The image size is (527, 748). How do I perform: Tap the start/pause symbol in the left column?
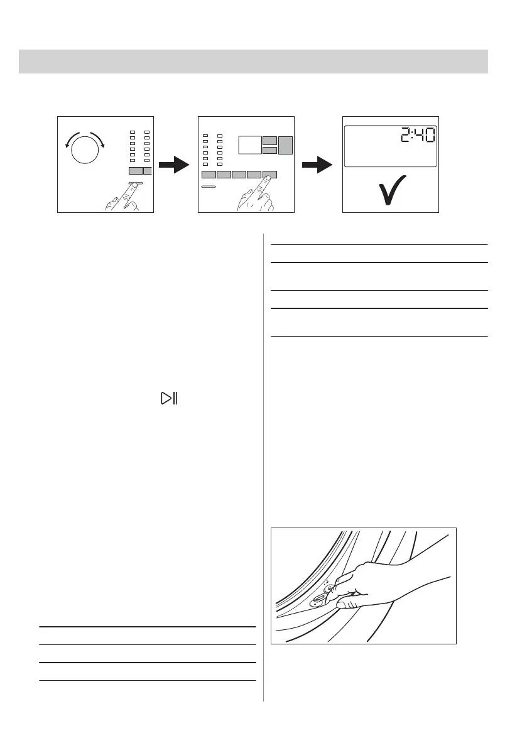tap(168, 398)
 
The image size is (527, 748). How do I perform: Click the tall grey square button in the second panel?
tap(286, 145)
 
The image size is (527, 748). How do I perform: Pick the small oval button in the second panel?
tap(209, 187)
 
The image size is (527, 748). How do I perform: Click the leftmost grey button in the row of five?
tap(209, 175)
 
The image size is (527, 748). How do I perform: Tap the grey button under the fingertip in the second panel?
tap(269, 175)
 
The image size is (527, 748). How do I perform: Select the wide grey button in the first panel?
tap(135, 170)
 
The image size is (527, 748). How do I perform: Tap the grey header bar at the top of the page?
tap(253, 61)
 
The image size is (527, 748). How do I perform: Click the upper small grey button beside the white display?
tap(269, 140)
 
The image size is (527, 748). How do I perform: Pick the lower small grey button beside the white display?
tap(269, 150)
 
